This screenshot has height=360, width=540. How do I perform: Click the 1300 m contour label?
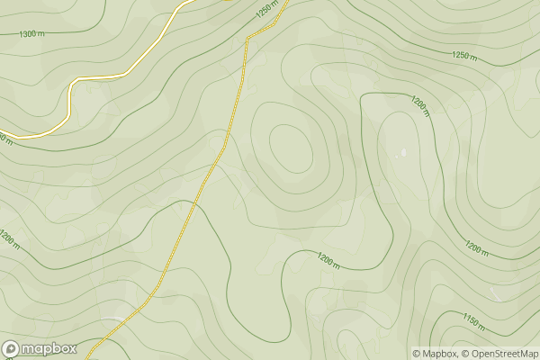tap(31, 33)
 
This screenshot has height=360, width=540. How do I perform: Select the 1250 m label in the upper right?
tap(464, 55)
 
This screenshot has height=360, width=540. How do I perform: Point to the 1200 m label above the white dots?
tap(419, 106)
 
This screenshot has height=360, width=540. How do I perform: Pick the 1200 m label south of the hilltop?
tap(329, 261)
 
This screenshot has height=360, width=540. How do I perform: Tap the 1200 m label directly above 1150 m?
tap(478, 247)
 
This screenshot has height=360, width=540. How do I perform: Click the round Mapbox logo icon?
tap(11, 349)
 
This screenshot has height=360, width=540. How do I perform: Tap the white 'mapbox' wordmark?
tap(49, 349)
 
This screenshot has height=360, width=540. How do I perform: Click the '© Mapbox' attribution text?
tap(435, 354)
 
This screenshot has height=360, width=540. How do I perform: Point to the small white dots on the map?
tap(402, 152)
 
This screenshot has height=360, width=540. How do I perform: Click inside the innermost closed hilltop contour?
tap(289, 148)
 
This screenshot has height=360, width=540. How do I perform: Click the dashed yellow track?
tap(216, 162)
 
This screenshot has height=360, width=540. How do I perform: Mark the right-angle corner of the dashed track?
tap(247, 38)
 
